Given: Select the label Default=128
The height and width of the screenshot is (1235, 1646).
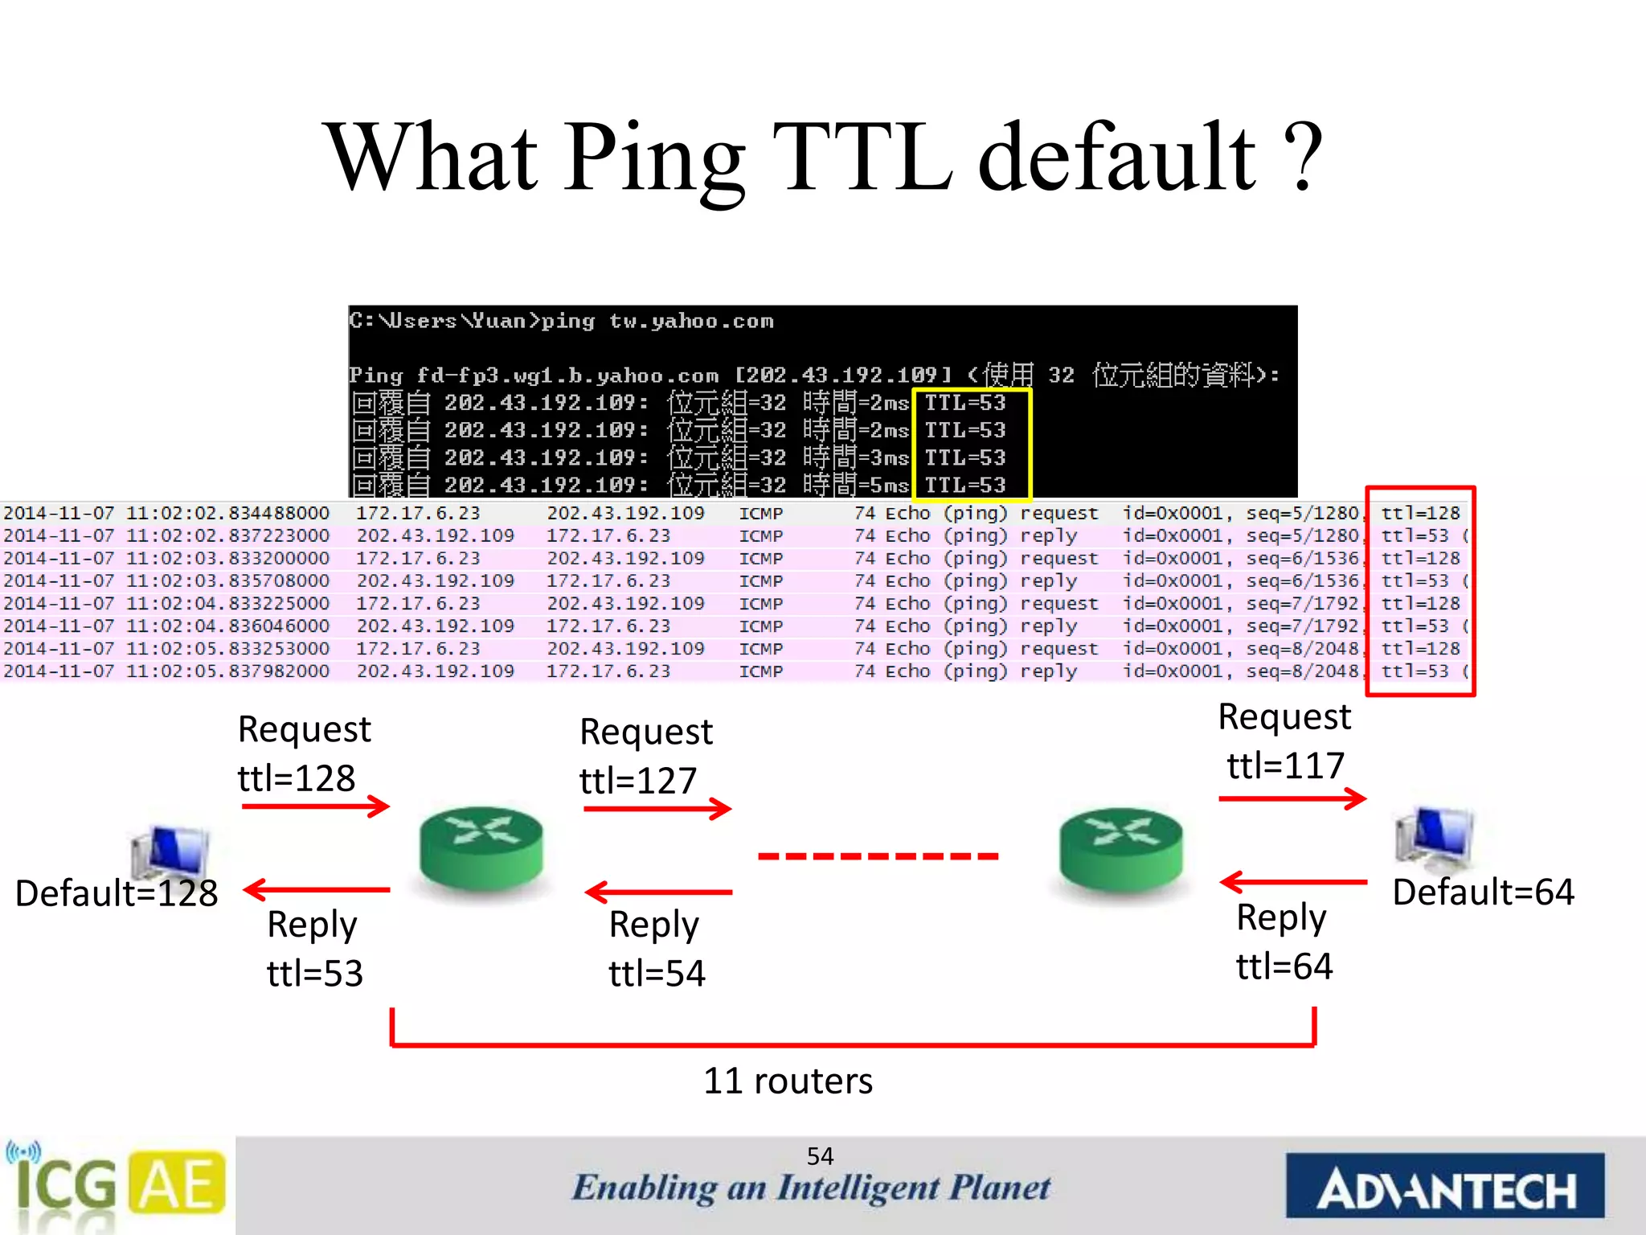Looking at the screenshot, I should point(117,893).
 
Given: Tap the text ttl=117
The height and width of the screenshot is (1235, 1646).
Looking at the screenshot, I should point(1285,765).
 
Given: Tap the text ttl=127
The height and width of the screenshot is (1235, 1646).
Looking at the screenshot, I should point(638,781).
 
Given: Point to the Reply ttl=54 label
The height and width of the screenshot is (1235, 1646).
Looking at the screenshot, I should point(657,949).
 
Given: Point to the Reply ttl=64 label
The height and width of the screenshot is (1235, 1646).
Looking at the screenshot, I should point(1284,942).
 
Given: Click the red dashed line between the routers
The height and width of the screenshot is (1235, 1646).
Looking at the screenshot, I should point(878,856).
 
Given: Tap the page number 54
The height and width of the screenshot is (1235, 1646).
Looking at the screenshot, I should point(820,1156).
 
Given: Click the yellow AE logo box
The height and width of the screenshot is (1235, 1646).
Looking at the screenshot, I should point(178,1184).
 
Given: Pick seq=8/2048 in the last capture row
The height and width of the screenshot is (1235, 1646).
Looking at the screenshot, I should point(1302,671).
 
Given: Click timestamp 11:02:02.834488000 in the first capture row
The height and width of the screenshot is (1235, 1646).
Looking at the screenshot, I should point(227,513).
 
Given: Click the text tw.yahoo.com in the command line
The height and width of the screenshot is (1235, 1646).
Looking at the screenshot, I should point(691,322).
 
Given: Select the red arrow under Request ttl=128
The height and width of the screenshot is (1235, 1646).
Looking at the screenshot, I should point(316,806).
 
